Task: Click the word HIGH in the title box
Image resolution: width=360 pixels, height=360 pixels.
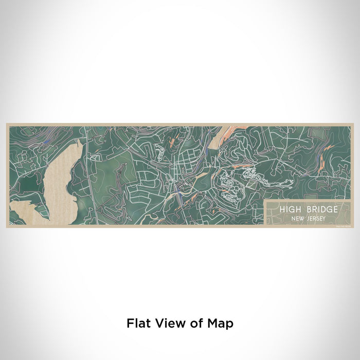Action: [290, 209]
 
